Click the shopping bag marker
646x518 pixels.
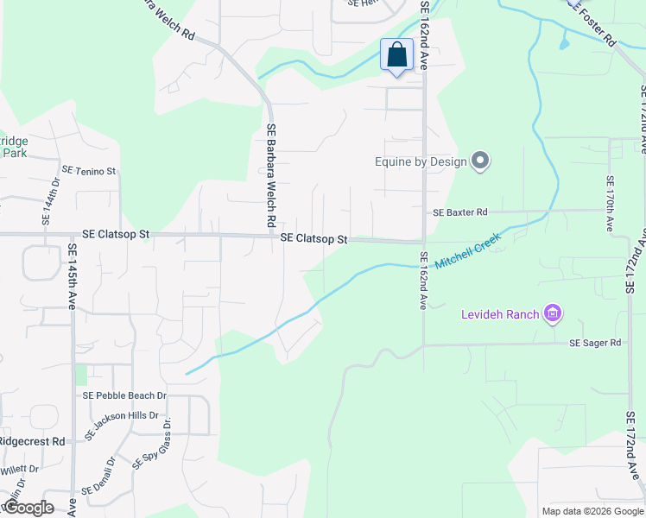point(396,55)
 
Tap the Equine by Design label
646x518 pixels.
point(421,161)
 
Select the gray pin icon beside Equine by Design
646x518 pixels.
point(481,161)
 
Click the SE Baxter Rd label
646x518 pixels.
point(460,212)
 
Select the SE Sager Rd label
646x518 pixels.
point(595,343)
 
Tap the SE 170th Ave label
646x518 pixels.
point(610,204)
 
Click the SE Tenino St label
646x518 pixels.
point(88,171)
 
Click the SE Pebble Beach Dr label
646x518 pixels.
point(124,395)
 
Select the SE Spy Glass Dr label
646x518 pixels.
point(152,444)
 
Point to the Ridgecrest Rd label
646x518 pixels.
point(32,440)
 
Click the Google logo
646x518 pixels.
point(28,508)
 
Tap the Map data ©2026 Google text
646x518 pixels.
point(592,511)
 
